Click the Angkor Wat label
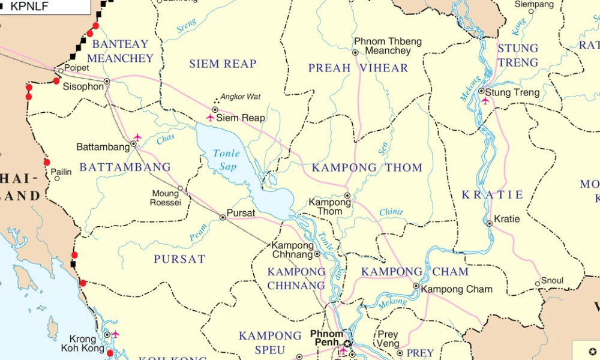click(x=241, y=97)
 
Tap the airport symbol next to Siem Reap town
click(x=210, y=118)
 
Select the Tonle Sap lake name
click(x=226, y=160)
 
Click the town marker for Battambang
click(x=133, y=144)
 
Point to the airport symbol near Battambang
click(x=137, y=137)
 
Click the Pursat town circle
click(x=223, y=217)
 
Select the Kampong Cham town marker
click(x=416, y=286)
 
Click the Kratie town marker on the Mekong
click(x=490, y=223)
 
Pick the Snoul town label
click(x=552, y=280)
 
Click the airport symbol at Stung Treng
click(x=485, y=101)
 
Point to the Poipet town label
click(x=76, y=68)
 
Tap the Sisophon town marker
click(x=107, y=81)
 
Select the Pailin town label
click(x=61, y=172)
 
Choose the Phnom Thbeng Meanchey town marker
click(x=355, y=53)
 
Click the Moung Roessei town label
click(x=165, y=198)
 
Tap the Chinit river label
click(x=391, y=212)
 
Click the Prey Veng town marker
click(x=400, y=353)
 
